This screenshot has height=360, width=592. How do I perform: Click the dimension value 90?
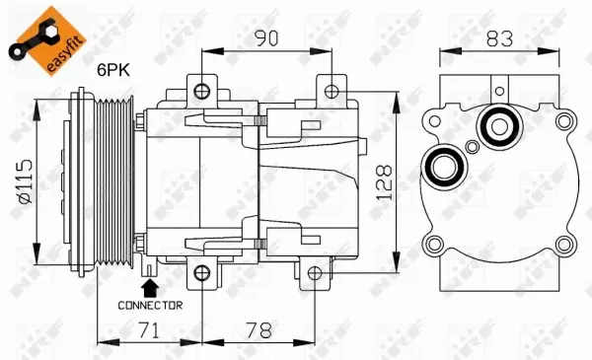point(264,38)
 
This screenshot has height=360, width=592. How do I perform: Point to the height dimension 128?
point(386,183)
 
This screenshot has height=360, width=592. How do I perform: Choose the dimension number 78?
point(259,332)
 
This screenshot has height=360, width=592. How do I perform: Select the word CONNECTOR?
point(150,306)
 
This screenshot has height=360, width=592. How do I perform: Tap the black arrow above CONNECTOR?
point(150,288)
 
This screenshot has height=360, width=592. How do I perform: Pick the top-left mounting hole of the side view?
point(201,93)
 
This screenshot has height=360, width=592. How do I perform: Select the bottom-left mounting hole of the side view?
point(201,272)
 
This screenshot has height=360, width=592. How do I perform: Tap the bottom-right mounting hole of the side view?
point(314,272)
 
